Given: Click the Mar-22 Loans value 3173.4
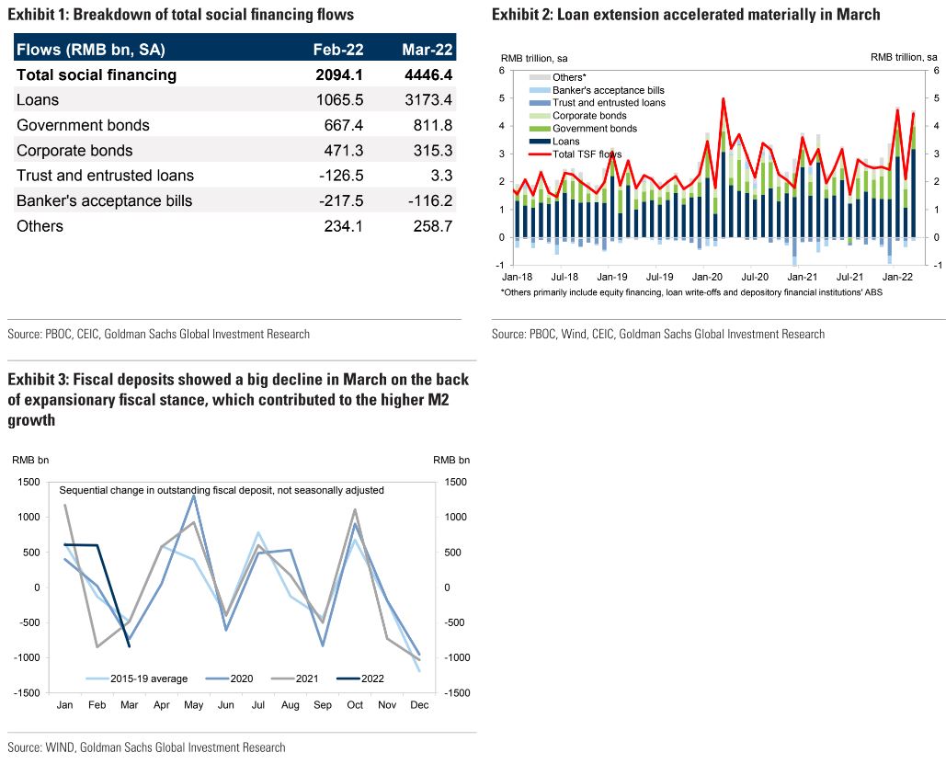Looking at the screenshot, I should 427,100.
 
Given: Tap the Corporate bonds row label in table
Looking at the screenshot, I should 74,151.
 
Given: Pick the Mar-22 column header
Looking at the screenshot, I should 427,50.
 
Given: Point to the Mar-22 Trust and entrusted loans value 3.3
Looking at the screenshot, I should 440,176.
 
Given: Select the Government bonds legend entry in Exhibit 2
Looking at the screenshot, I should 594,129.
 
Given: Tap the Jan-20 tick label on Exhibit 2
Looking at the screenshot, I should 706,276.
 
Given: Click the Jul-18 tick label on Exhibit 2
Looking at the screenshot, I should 564,276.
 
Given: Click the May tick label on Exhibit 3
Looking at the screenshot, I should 194,704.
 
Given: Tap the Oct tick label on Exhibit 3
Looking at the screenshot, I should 355,704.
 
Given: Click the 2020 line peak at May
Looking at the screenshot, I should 194,496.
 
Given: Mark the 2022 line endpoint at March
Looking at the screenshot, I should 130,646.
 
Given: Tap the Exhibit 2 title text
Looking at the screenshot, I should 686,15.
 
